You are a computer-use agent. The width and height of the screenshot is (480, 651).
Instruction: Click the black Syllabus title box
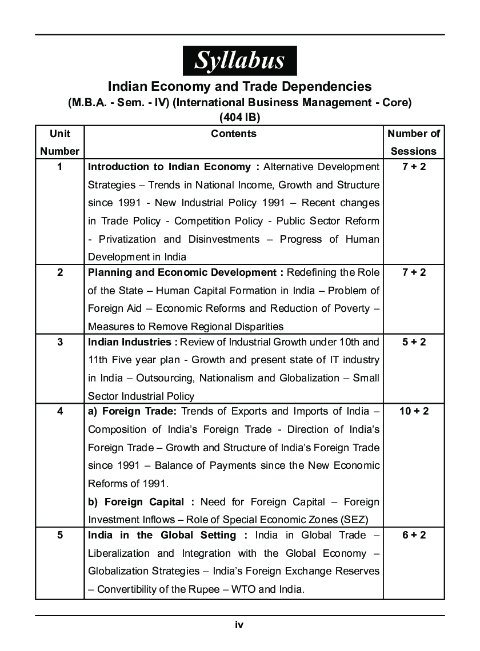(x=239, y=61)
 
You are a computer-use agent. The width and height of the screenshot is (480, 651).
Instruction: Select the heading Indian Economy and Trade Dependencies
(x=239, y=86)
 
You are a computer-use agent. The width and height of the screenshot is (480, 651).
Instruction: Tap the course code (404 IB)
(x=239, y=117)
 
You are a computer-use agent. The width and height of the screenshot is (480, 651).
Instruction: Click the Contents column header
(x=234, y=134)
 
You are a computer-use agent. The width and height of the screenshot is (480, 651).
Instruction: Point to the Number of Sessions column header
(x=414, y=142)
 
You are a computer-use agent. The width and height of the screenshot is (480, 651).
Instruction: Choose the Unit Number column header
(x=60, y=142)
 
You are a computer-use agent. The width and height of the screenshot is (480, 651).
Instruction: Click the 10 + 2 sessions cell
(x=414, y=411)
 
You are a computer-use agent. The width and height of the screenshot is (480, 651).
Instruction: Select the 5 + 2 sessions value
(x=414, y=342)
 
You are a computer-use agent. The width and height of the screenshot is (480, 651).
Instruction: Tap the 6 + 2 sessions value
(x=414, y=535)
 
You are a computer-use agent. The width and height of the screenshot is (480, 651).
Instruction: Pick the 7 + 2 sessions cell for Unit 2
(x=414, y=272)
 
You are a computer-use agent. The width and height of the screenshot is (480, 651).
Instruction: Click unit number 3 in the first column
(x=60, y=342)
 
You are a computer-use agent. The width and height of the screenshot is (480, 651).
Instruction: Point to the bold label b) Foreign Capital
(x=141, y=502)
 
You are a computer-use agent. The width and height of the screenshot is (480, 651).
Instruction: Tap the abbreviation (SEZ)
(x=354, y=520)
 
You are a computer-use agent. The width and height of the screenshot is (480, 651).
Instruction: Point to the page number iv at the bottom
(x=239, y=625)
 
